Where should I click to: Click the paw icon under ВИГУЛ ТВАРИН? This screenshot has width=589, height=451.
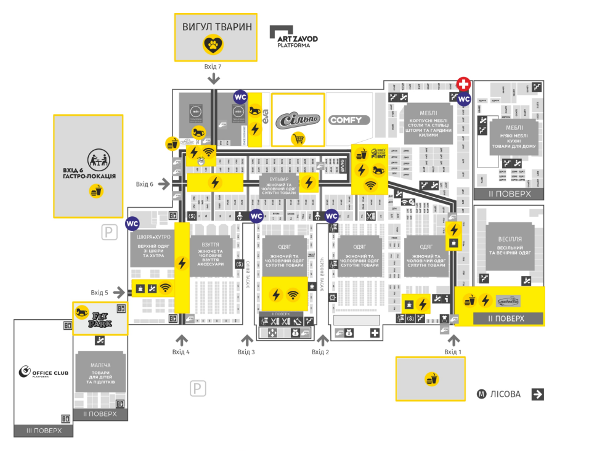pyautogui.click(x=214, y=44)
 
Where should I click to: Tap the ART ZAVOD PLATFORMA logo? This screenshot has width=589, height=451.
pyautogui.click(x=294, y=36)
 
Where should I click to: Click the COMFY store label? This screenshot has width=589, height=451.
pyautogui.click(x=349, y=120)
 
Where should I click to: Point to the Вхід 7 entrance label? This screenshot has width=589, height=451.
pyautogui.click(x=213, y=67)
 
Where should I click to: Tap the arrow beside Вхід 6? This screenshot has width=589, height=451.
pyautogui.click(x=164, y=184)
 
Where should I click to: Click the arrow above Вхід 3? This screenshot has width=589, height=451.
pyautogui.click(x=246, y=339)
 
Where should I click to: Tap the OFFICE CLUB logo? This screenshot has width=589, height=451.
pyautogui.click(x=44, y=372)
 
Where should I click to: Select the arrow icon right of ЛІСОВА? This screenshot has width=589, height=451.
pyautogui.click(x=537, y=394)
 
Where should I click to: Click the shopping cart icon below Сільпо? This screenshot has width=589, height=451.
pyautogui.click(x=298, y=139)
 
